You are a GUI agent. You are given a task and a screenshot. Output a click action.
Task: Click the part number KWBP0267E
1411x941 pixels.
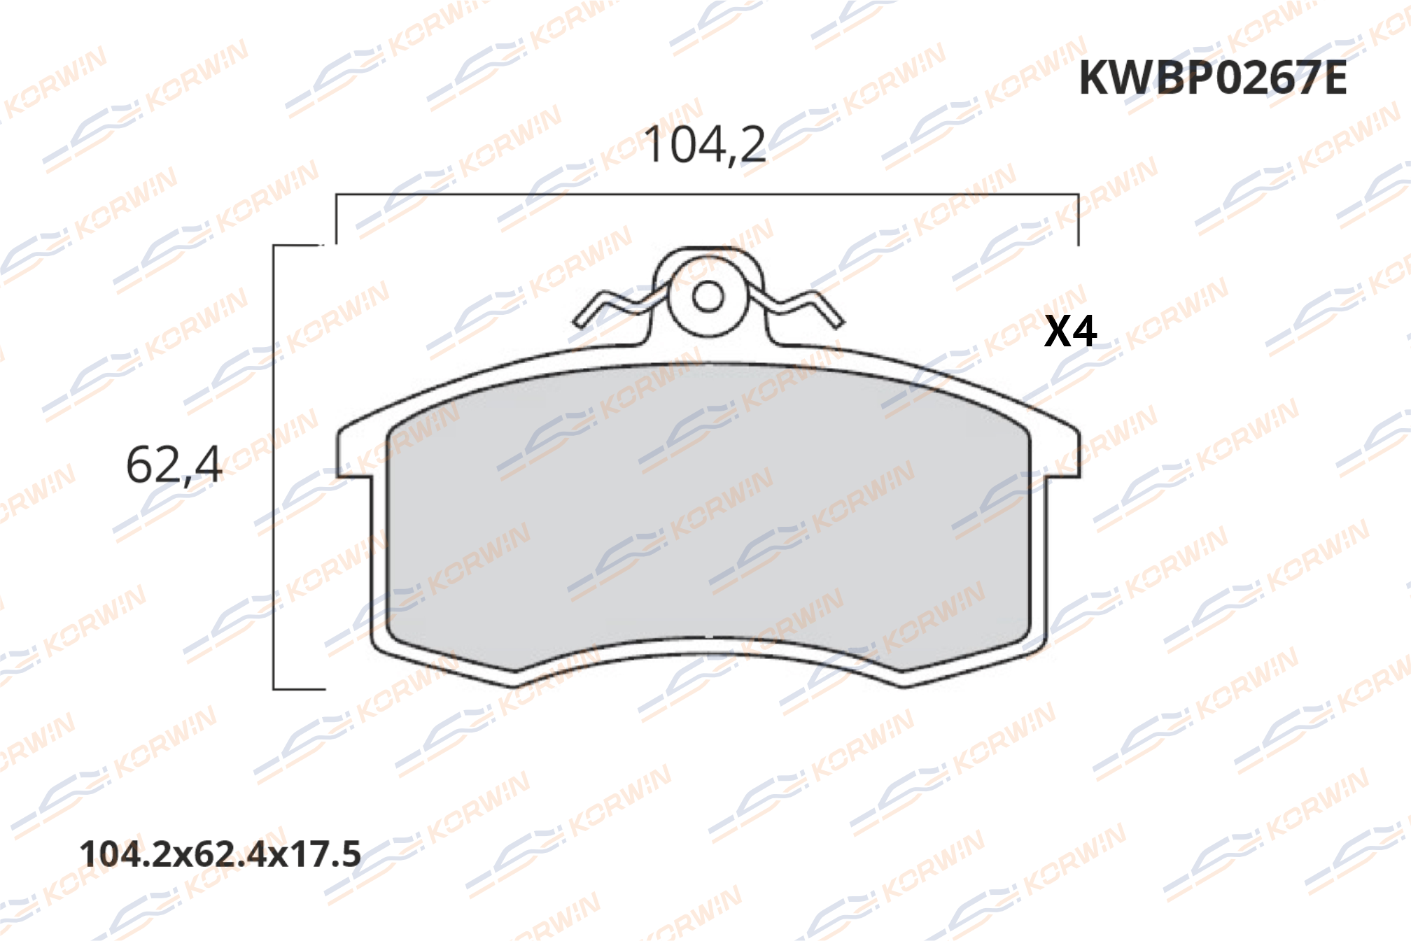tap(1212, 78)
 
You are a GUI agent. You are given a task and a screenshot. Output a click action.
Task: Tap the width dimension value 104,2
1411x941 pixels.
tap(704, 146)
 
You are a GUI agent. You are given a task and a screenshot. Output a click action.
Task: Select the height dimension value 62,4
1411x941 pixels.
tap(174, 465)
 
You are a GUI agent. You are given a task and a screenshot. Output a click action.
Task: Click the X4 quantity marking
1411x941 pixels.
tap(1070, 332)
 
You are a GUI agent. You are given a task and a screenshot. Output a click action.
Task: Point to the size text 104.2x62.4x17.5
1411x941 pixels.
tap(220, 854)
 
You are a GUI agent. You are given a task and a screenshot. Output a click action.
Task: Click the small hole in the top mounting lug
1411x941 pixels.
tap(708, 297)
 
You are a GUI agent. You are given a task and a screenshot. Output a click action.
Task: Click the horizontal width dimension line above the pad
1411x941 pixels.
tap(707, 194)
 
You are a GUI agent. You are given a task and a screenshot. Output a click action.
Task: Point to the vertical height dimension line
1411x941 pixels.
tap(274, 467)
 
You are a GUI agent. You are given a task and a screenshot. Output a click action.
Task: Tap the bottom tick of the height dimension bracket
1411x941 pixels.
tap(300, 689)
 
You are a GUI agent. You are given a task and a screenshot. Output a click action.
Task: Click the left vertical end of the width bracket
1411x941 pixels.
tap(336, 219)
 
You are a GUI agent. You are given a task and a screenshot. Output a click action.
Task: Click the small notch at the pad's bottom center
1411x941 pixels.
tap(710, 637)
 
